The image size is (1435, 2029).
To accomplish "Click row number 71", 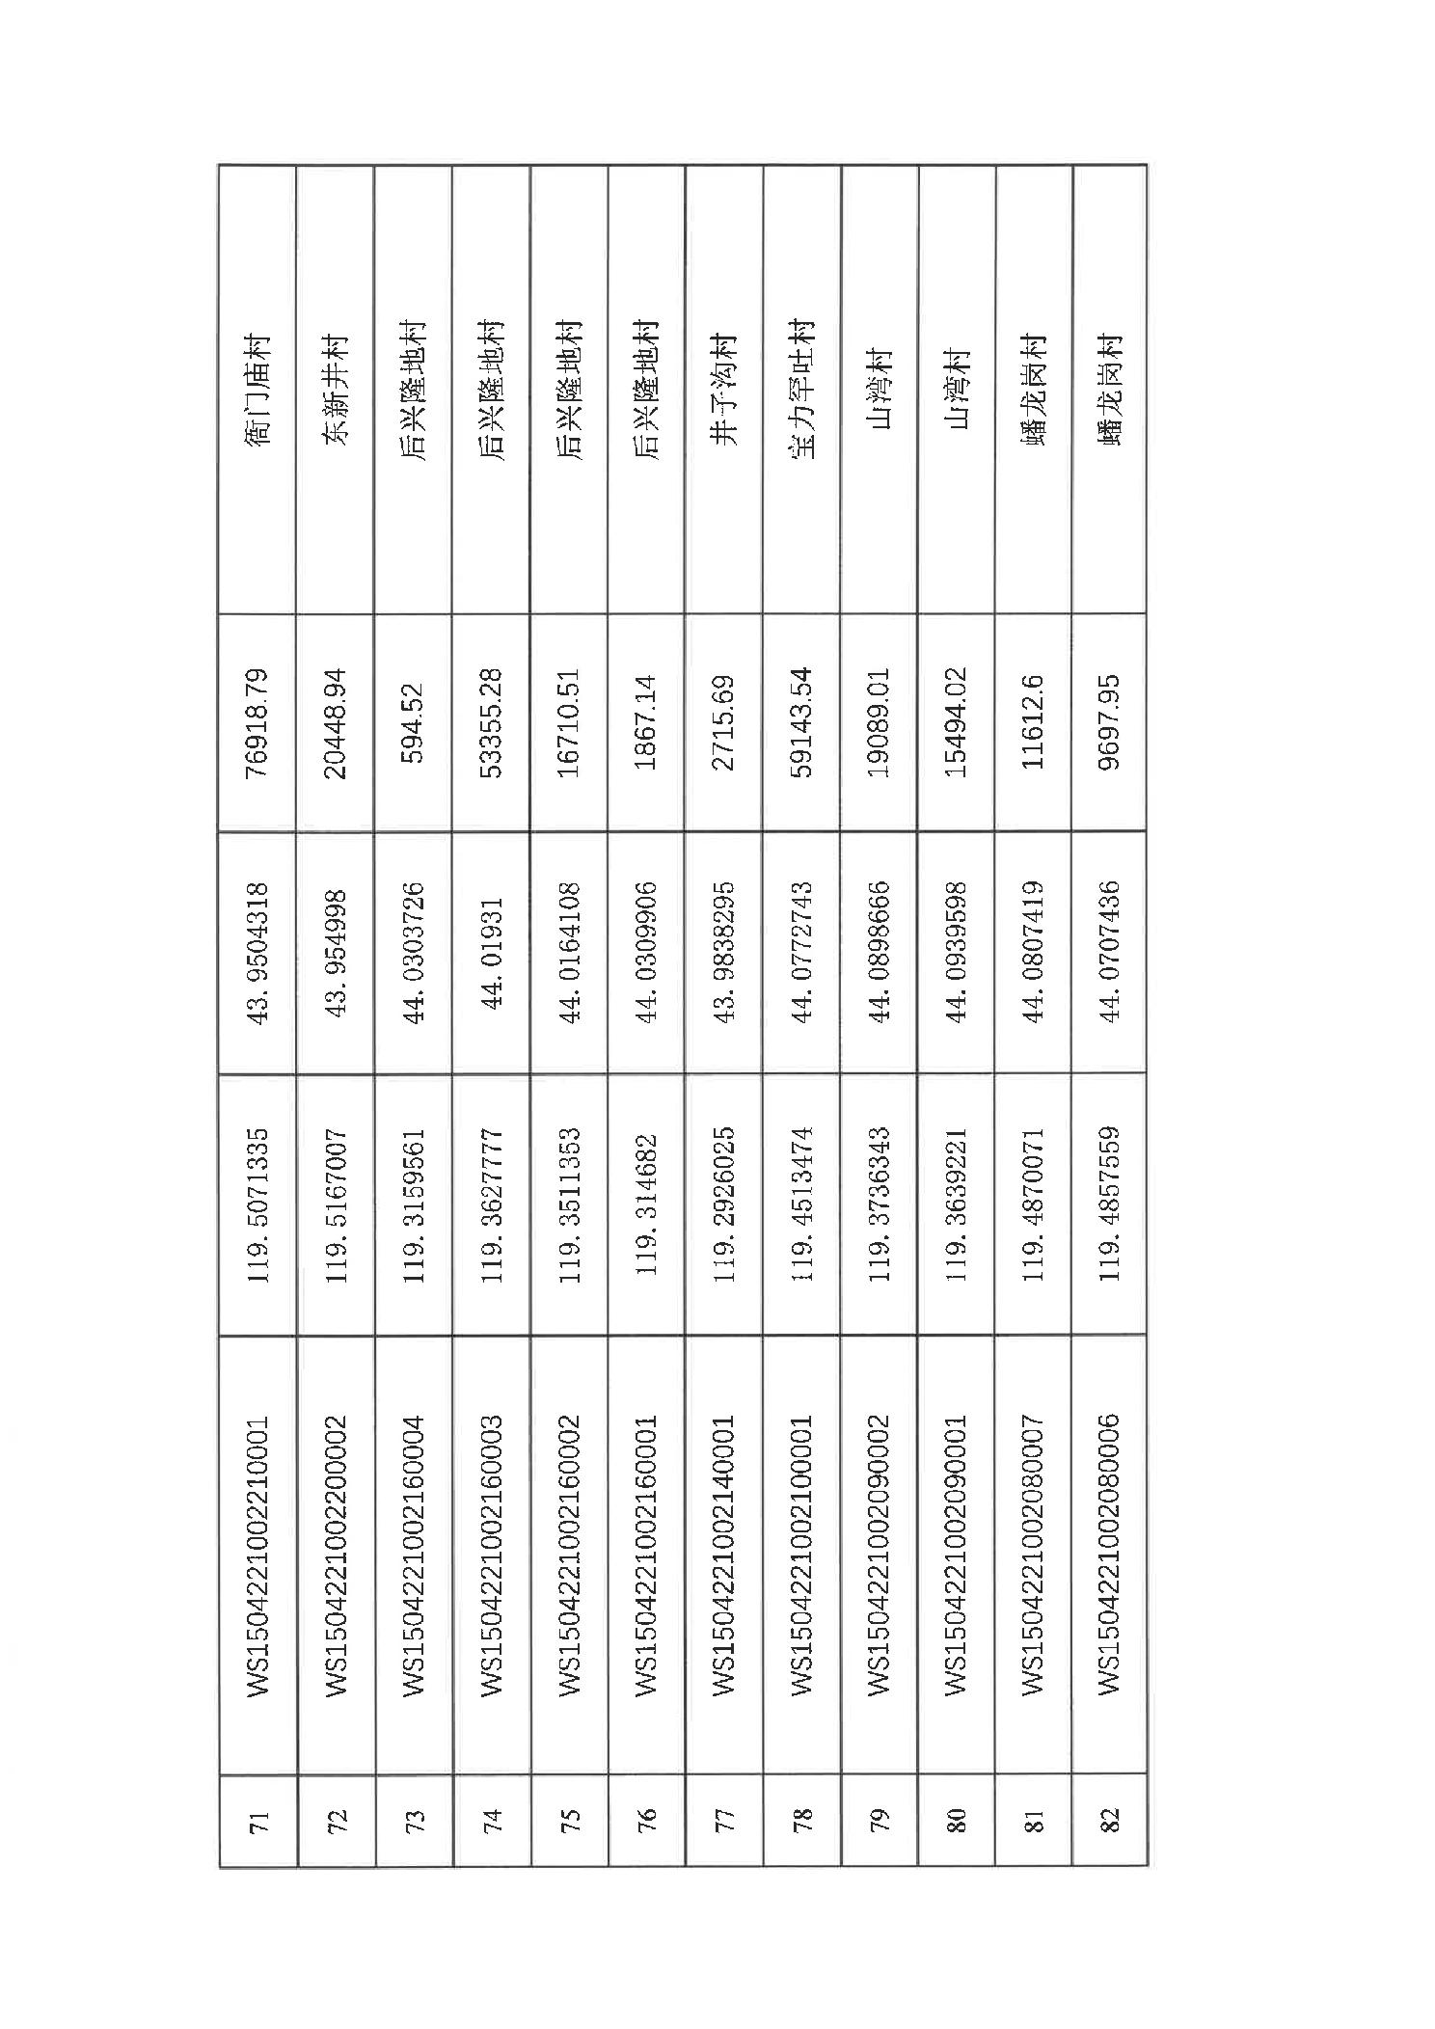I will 257,1822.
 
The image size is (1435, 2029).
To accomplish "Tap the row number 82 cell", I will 1110,1822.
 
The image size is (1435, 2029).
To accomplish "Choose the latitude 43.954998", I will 336,952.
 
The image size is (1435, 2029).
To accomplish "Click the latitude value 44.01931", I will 492,952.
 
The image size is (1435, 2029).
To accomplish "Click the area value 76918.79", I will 257,722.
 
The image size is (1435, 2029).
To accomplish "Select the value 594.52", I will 414,722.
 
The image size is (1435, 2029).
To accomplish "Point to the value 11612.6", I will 1034,722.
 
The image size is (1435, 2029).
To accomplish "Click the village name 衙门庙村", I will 257,389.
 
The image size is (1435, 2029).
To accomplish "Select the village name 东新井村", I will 336,389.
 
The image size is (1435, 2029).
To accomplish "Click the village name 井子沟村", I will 724,389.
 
